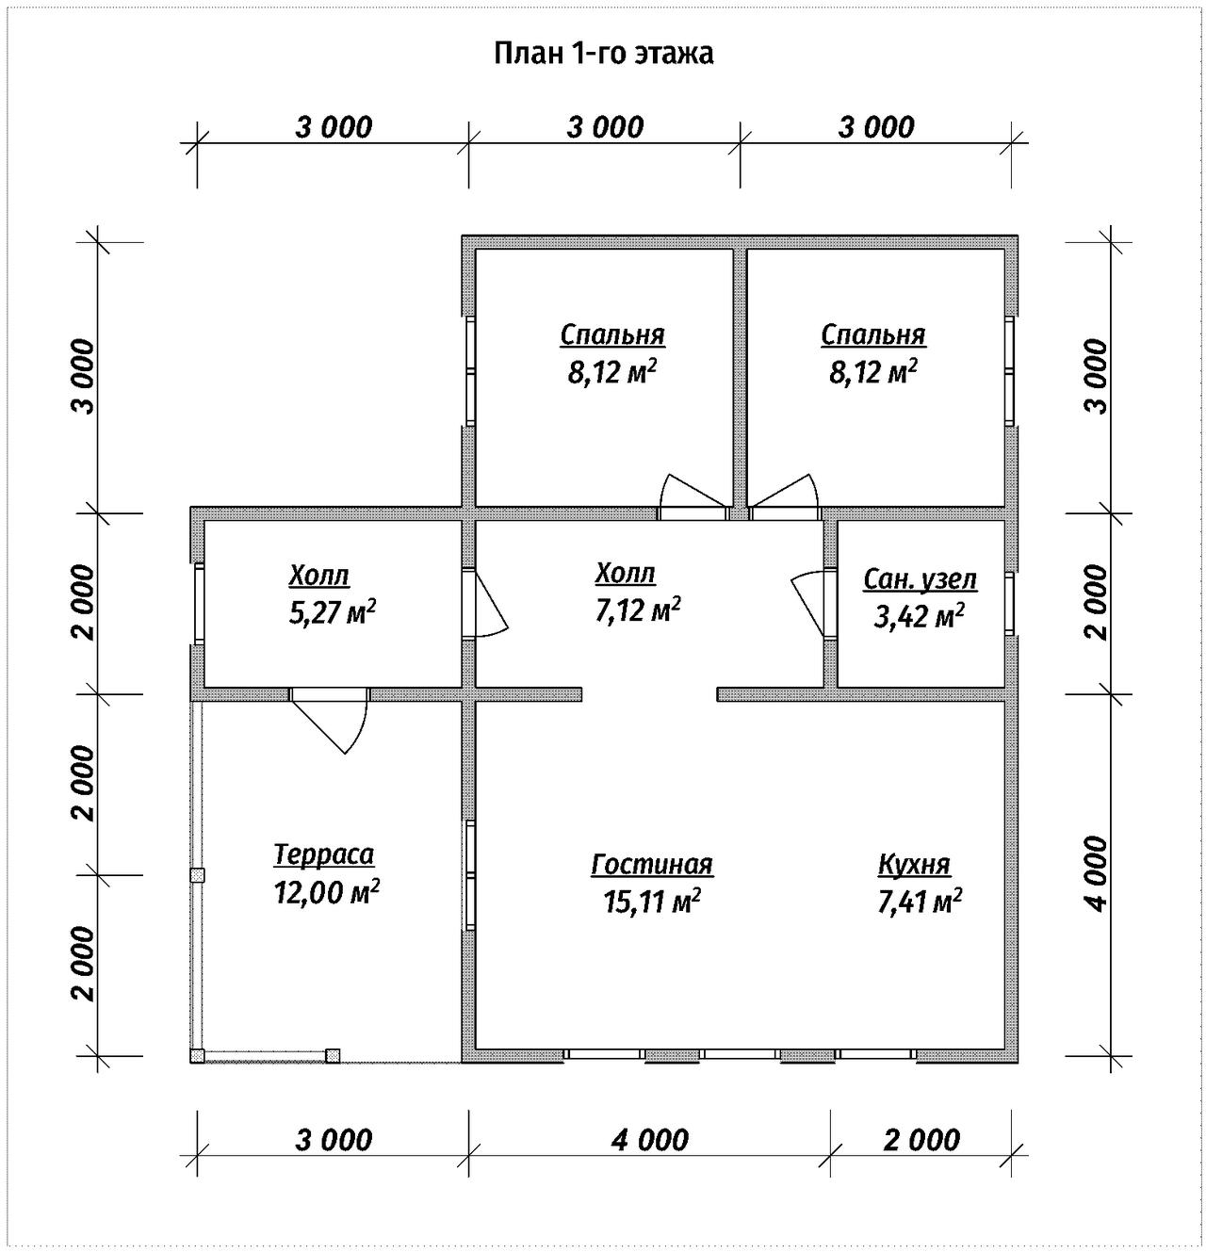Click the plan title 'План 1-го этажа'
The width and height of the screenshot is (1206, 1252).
click(x=604, y=55)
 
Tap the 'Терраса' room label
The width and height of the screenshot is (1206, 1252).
click(x=324, y=854)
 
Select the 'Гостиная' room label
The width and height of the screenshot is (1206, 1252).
click(x=652, y=865)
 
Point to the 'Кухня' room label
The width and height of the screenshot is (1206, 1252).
click(x=914, y=865)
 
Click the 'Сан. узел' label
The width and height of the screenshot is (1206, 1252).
click(x=920, y=579)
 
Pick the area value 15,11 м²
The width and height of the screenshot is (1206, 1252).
click(x=652, y=901)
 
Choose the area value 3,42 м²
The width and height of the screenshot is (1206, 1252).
click(x=919, y=616)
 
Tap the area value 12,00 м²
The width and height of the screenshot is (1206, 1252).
click(x=326, y=891)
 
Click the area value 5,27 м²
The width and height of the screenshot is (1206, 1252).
click(x=333, y=611)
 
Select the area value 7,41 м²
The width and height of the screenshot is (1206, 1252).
click(x=920, y=901)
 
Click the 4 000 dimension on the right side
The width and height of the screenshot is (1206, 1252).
click(x=1098, y=873)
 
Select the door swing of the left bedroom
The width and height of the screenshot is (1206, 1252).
click(x=693, y=491)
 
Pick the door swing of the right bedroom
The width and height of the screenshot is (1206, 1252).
click(x=785, y=491)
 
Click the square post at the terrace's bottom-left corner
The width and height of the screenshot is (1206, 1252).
click(x=198, y=1056)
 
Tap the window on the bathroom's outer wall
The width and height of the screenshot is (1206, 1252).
click(x=1009, y=604)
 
